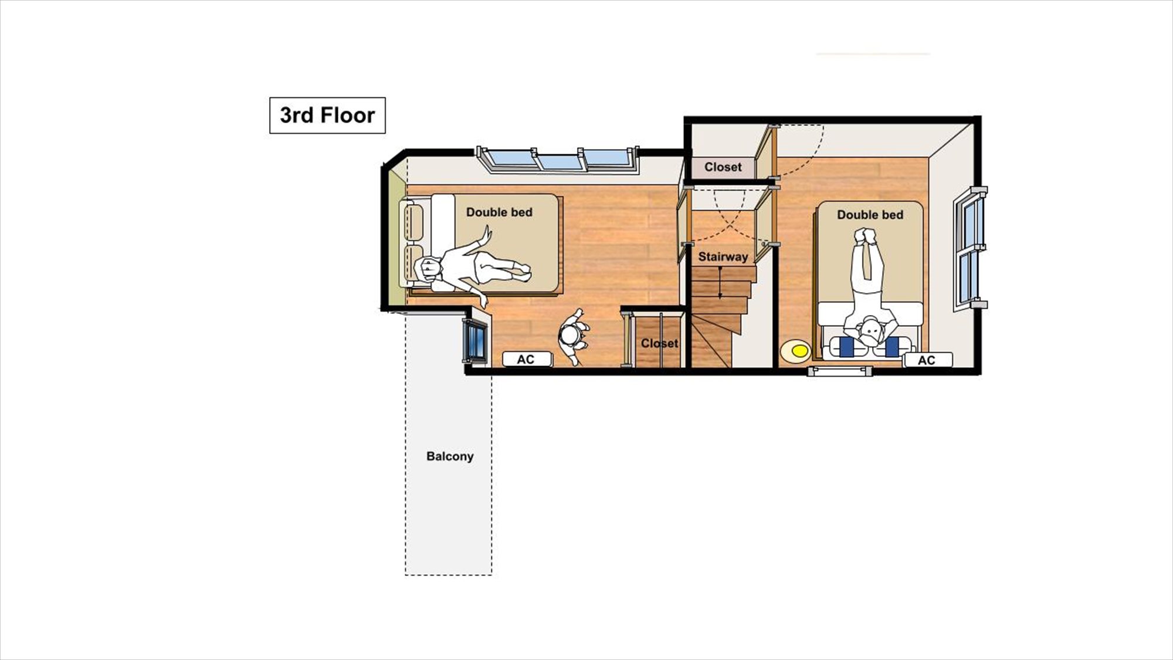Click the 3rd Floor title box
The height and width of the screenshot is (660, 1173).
point(327,115)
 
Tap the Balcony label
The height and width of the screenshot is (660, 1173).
point(450,456)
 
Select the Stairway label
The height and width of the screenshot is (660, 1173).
point(723,257)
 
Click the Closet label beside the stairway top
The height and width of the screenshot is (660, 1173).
point(723,167)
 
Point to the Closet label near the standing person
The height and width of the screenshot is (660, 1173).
point(659,343)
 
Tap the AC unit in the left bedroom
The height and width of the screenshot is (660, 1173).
point(526,359)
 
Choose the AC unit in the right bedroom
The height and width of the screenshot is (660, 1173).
point(927,360)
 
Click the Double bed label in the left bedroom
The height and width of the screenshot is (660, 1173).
point(499,212)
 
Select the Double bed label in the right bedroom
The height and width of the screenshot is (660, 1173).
point(870,215)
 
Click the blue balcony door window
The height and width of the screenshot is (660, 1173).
point(474,341)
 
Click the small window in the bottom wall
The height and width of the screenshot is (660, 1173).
point(839,371)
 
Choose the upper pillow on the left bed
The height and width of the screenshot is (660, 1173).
point(414,221)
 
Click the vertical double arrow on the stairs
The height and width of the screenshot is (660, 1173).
point(720,283)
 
